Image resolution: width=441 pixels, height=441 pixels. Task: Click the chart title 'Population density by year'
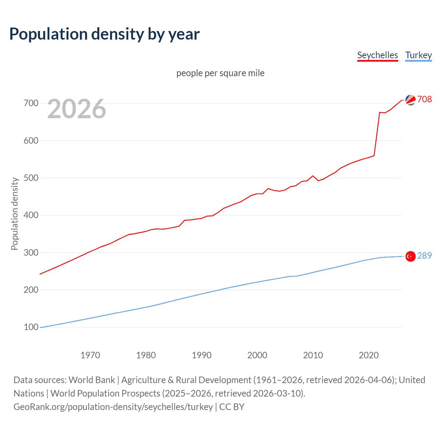(104, 34)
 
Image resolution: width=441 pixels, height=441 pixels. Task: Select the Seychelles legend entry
(377, 55)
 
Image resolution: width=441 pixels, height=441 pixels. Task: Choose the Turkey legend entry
(418, 55)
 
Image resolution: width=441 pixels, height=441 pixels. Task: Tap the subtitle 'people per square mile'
(220, 73)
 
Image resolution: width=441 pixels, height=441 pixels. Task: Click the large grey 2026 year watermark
(76, 109)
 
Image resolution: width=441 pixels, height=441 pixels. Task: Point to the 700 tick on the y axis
(31, 103)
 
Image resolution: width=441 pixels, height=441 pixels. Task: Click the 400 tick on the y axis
(31, 215)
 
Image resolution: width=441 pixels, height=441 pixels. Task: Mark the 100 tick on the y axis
(31, 327)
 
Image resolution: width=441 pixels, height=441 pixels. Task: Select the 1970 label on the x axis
(90, 355)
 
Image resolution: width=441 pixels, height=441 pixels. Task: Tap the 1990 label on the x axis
(202, 355)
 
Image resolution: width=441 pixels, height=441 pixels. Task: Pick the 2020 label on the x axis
(369, 355)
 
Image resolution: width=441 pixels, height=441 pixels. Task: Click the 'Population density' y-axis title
(14, 214)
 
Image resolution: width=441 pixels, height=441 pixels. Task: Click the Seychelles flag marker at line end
(410, 100)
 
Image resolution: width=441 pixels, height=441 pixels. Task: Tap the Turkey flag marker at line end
(410, 256)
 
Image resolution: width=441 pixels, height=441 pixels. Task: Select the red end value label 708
(424, 99)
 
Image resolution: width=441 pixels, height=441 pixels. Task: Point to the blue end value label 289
(424, 256)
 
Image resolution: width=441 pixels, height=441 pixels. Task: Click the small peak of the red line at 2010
(313, 176)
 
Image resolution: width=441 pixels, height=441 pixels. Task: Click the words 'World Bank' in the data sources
(92, 380)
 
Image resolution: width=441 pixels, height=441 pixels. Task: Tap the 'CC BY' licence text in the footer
(232, 407)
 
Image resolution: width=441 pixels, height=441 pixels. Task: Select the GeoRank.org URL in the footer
(113, 407)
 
